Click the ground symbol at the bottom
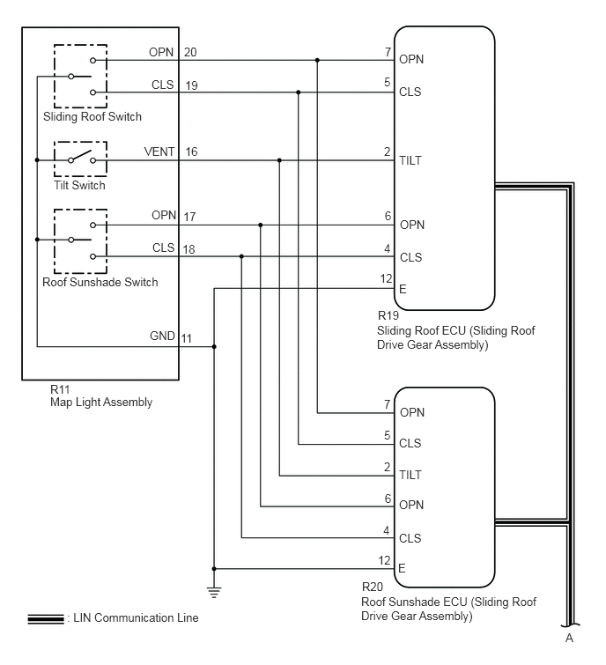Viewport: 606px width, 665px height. (x=214, y=592)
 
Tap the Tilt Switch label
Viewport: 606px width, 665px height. (x=79, y=185)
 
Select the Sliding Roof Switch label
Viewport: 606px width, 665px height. (x=92, y=116)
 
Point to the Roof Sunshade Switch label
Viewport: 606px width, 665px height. (x=100, y=282)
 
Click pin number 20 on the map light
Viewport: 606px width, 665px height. (x=190, y=52)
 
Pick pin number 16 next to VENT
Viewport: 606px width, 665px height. (x=191, y=151)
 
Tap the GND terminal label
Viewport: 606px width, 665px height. (x=162, y=336)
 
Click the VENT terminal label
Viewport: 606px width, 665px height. (x=159, y=151)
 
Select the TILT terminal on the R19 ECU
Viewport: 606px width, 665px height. (x=410, y=160)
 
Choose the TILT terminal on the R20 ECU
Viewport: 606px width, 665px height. (x=410, y=475)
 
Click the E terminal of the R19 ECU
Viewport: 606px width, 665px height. (x=403, y=289)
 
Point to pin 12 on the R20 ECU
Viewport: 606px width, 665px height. (x=384, y=560)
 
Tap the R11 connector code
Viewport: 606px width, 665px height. (x=60, y=389)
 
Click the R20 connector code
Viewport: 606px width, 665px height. (x=373, y=587)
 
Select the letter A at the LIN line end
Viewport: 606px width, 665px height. (x=569, y=638)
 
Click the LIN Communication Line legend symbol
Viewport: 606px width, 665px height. (x=46, y=619)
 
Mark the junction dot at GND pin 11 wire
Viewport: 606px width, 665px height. (x=214, y=347)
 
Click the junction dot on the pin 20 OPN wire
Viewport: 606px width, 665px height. (x=317, y=60)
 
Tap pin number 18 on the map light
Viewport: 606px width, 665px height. (x=188, y=249)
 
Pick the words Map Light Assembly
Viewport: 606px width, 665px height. (x=101, y=402)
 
